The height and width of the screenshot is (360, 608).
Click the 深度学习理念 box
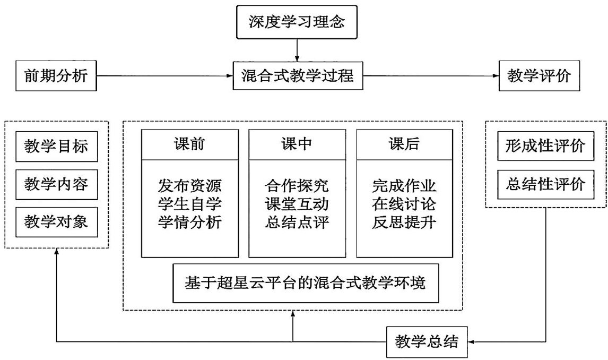coord(297,22)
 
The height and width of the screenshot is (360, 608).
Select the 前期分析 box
coord(56,76)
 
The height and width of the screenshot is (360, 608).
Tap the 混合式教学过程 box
coord(297,76)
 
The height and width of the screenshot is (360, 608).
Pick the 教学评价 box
coord(539,76)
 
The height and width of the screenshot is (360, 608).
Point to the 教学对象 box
coord(57,223)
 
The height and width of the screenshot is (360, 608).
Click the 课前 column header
coord(189,144)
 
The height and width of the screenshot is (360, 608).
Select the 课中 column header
coord(297,144)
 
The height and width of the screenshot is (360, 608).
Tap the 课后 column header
coord(404,144)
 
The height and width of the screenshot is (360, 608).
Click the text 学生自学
coord(189,204)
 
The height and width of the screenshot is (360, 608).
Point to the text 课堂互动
coord(297,204)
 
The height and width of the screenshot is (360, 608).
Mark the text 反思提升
coord(404,222)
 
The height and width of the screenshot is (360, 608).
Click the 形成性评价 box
coord(545,145)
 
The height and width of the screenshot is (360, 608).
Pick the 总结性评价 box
coord(545,184)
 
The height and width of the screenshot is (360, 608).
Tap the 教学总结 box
coord(427,341)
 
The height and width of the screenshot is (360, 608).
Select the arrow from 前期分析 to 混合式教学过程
coord(166,76)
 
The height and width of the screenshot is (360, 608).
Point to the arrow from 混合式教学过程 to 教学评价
coord(430,76)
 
